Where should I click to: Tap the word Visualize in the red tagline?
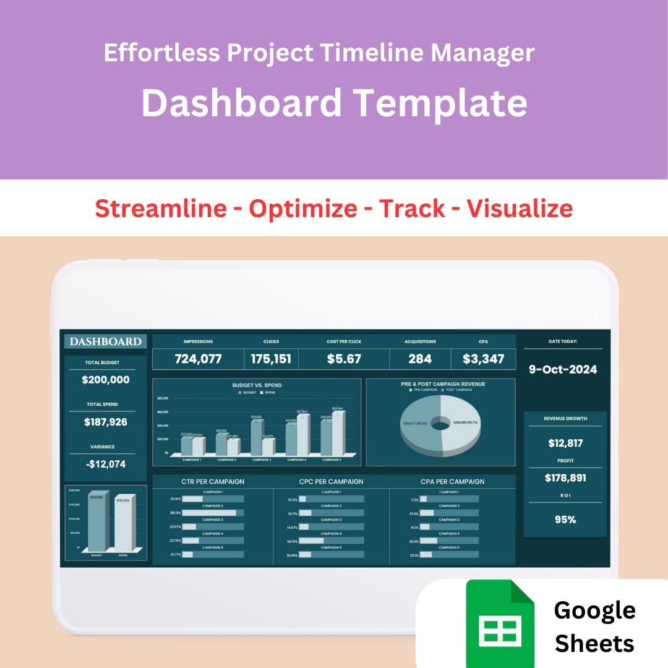[519, 208]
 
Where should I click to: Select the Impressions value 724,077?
[198, 359]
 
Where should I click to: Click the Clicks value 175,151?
[271, 359]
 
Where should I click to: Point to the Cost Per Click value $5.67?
[344, 359]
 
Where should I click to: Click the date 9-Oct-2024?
[563, 369]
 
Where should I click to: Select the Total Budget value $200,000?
[106, 380]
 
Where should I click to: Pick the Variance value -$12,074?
[106, 464]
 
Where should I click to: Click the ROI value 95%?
[565, 520]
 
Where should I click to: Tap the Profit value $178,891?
[565, 477]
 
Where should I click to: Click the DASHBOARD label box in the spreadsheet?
[106, 341]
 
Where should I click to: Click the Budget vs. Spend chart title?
[257, 385]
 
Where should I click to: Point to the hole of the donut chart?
[440, 424]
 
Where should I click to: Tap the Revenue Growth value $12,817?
[565, 443]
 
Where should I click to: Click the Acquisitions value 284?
[420, 359]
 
